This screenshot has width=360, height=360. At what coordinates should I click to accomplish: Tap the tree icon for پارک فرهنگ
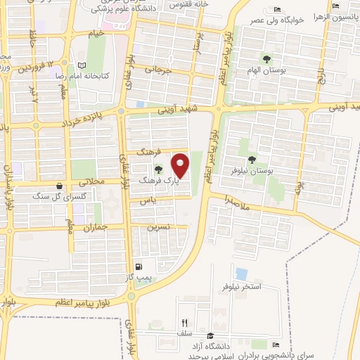point(157,169)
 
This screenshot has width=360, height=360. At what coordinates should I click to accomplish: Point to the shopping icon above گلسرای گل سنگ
point(58,186)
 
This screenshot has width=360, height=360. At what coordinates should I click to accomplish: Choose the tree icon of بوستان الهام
point(266,58)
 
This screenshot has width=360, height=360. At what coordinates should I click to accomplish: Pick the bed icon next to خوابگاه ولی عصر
point(276,9)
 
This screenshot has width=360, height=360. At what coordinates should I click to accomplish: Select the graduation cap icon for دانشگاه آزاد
point(211,335)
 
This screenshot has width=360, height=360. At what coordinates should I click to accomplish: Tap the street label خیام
point(96,32)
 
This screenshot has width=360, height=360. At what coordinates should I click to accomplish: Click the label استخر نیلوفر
point(241,288)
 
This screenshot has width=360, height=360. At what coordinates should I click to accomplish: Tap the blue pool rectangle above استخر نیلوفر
point(241,274)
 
